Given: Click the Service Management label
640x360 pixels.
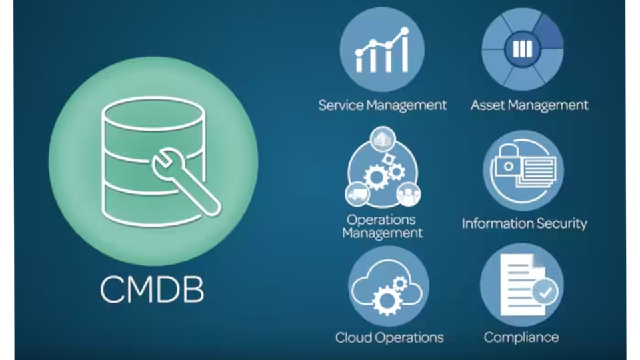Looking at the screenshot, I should (382, 105).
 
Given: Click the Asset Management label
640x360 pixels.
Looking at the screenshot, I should (529, 105).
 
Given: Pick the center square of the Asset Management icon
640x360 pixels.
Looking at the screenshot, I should (523, 49).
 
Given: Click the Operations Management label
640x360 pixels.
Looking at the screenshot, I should (382, 227).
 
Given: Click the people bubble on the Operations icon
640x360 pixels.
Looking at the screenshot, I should (408, 194).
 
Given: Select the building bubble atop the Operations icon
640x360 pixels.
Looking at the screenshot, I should (382, 139).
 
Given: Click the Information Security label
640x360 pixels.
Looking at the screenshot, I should (524, 223).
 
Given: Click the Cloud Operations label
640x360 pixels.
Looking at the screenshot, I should (389, 337).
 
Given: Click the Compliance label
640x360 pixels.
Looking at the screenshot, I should (521, 337).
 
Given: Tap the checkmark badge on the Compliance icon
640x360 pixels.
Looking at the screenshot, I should (546, 292).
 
